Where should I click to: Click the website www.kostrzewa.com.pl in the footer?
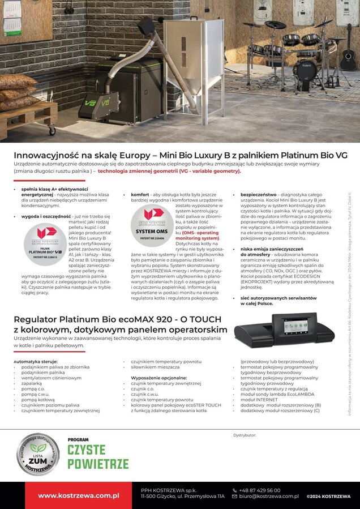pyautogui.click(x=79, y=495)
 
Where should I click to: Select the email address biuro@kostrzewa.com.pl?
pyautogui.click(x=268, y=496)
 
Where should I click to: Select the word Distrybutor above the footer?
pyautogui.click(x=245, y=435)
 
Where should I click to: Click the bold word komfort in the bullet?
pyautogui.click(x=141, y=194)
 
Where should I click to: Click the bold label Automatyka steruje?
pyautogui.click(x=36, y=361)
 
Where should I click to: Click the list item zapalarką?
pyautogui.click(x=32, y=383)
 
